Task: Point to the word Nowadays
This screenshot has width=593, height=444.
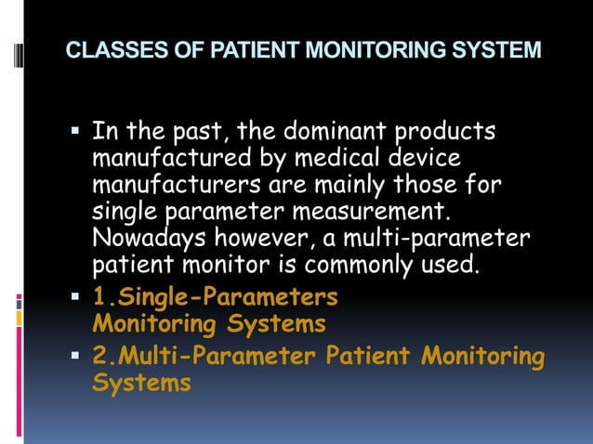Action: pos(141,240)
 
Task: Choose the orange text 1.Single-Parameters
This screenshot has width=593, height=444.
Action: pos(216,297)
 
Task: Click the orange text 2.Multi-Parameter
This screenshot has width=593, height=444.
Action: pos(206,356)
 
